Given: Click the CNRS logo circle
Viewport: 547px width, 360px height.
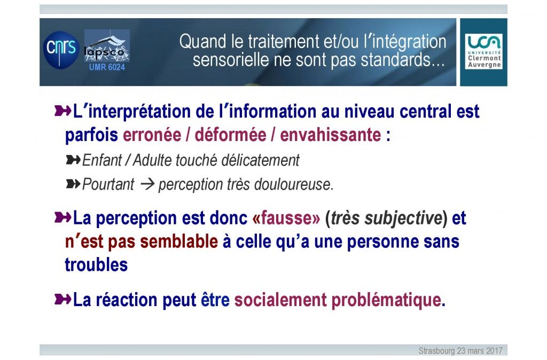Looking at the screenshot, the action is point(61,50).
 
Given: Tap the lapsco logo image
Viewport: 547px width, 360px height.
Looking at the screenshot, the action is point(107,46).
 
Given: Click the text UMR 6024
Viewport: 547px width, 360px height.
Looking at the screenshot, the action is point(107,67).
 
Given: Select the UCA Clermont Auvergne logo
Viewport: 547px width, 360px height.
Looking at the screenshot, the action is point(484,51).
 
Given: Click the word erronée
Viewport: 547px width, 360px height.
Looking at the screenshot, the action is point(152,135).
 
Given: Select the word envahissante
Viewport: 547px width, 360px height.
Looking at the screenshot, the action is point(330,135).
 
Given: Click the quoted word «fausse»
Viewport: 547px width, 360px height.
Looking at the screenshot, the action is point(286,218).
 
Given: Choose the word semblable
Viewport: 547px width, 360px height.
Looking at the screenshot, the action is point(179,241).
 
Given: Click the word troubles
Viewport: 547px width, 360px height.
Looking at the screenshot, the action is point(96,264).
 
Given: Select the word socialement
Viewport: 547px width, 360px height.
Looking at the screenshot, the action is point(280,300).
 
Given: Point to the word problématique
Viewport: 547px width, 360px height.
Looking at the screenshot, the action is point(386,300).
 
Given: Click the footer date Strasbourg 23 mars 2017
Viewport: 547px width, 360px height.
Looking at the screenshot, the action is point(460,350).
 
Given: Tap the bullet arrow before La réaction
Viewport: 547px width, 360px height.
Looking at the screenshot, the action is point(63,299).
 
